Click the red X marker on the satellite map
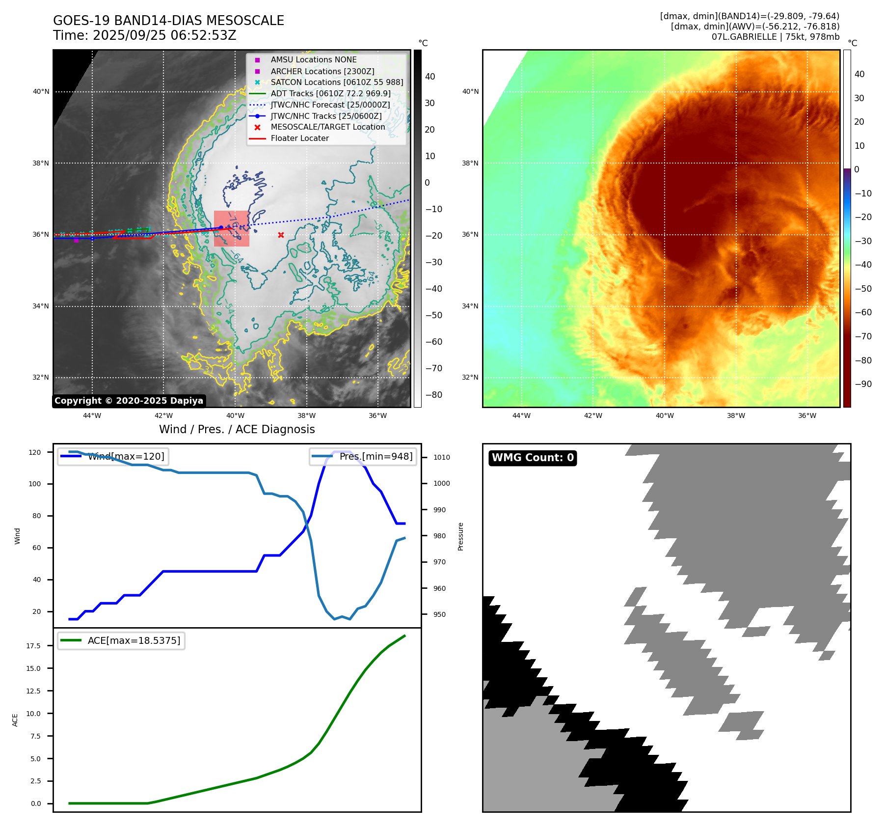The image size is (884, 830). click(281, 235)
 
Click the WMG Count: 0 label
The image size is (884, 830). click(533, 458)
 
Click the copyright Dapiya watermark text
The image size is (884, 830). click(129, 401)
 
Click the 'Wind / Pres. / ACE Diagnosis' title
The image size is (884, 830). click(237, 429)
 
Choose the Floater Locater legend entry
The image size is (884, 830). click(299, 138)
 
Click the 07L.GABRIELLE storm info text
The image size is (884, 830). click(776, 37)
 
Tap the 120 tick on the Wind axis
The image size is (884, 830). click(35, 452)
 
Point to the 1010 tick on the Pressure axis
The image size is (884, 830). click(441, 457)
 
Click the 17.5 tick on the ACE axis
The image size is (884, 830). click(33, 646)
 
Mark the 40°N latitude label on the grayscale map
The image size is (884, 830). click(41, 91)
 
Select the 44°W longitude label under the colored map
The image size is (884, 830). click(521, 415)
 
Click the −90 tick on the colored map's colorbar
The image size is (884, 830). click(863, 384)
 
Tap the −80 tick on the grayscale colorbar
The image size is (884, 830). click(433, 395)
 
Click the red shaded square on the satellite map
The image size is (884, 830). click(232, 229)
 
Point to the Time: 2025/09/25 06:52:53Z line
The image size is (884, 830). click(145, 35)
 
